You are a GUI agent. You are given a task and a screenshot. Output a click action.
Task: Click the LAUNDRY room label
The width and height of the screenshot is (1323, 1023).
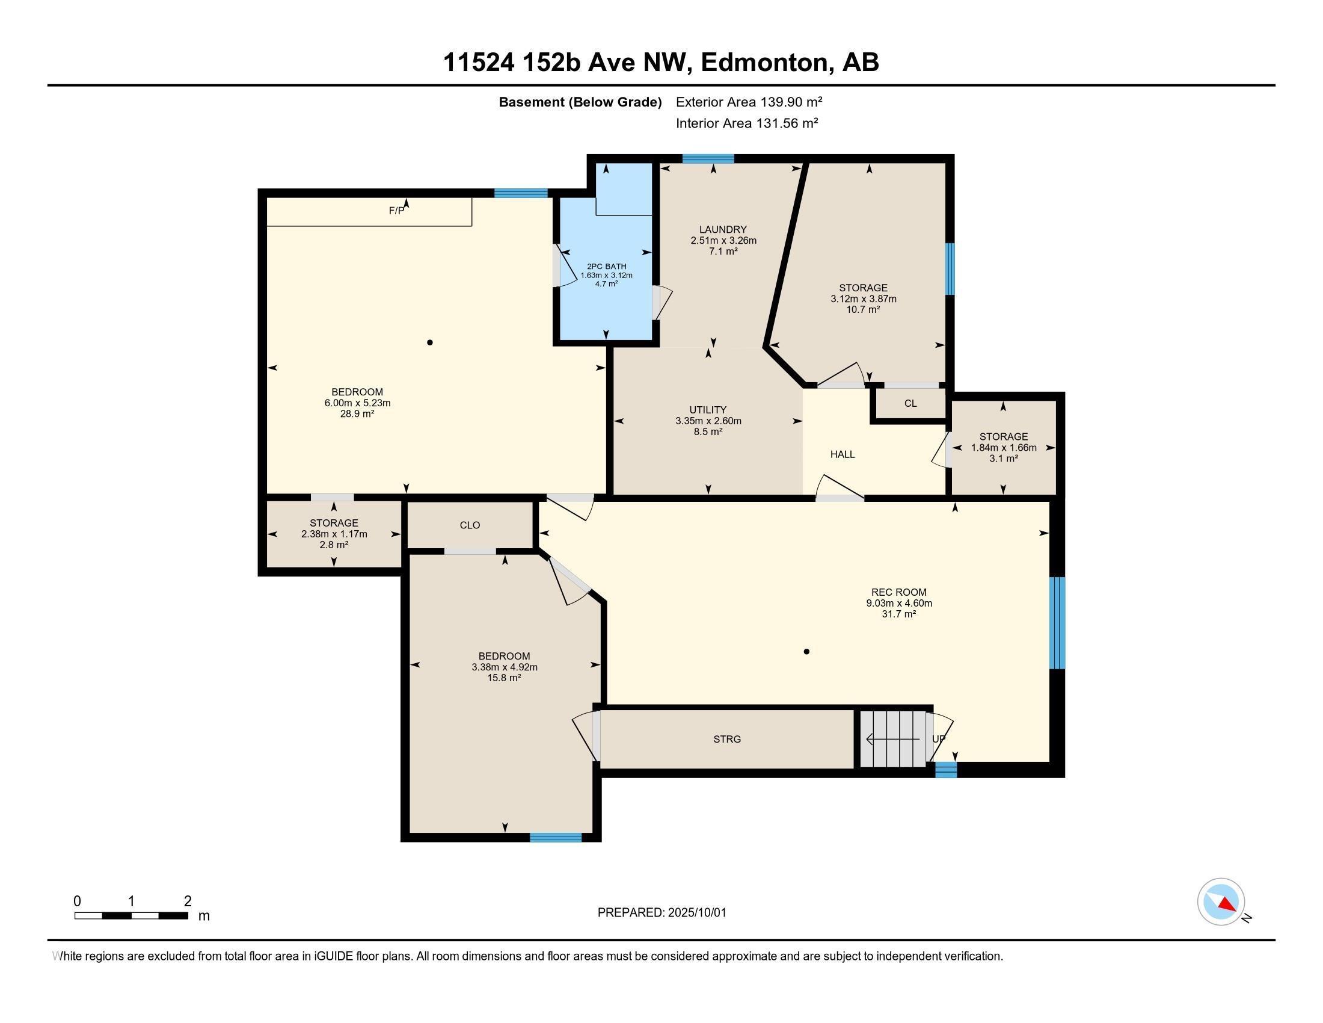(x=723, y=230)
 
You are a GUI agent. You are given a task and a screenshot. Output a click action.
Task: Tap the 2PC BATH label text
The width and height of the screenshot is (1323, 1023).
(x=606, y=267)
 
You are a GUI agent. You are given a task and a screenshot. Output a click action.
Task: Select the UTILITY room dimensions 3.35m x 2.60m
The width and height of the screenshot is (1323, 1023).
(x=708, y=421)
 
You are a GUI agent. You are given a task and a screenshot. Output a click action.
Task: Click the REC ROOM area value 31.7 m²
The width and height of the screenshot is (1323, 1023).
(x=898, y=614)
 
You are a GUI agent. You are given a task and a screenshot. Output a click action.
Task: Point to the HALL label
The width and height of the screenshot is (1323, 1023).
(x=843, y=454)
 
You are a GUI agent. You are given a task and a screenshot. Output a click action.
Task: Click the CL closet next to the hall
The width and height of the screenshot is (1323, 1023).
(x=910, y=404)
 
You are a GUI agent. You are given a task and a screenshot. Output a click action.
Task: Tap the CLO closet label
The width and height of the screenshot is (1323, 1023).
(x=470, y=525)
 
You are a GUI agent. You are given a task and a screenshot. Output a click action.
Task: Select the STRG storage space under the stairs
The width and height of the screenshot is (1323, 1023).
(x=727, y=740)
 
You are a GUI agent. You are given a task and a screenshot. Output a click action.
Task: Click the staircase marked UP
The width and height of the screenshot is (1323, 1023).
(x=894, y=740)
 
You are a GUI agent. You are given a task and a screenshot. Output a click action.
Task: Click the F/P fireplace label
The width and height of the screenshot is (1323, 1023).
(x=397, y=211)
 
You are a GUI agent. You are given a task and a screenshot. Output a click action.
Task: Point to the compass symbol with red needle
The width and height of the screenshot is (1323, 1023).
(x=1221, y=902)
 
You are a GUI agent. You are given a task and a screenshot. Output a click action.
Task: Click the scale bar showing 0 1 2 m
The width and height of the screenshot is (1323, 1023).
(x=132, y=915)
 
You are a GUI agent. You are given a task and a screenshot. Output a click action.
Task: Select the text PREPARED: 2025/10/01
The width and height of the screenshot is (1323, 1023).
(x=661, y=913)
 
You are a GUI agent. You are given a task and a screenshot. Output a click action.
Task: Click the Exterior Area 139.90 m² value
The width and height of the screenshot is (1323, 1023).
(x=749, y=102)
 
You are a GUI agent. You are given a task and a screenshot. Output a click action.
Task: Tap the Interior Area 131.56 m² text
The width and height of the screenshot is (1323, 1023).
(x=746, y=123)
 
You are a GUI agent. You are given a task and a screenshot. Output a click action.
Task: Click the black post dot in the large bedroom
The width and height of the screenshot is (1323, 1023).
(x=430, y=342)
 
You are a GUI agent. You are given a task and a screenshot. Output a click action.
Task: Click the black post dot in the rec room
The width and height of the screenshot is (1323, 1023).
(x=806, y=652)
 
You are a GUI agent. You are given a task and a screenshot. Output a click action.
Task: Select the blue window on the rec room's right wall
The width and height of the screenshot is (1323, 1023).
(x=1057, y=623)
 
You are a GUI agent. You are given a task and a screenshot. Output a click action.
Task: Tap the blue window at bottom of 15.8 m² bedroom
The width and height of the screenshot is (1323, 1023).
(x=556, y=838)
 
